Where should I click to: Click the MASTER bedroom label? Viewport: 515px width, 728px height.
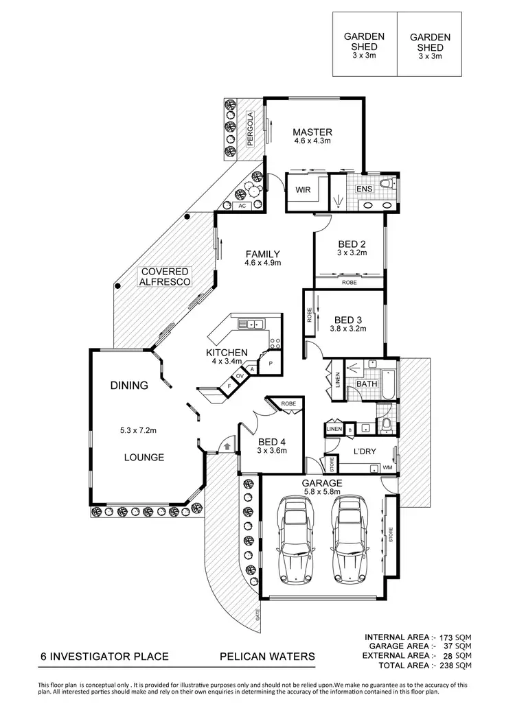[312, 132]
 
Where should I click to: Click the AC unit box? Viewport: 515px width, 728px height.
[242, 206]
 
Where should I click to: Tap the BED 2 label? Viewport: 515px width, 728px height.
[352, 244]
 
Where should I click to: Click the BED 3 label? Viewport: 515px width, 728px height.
[348, 320]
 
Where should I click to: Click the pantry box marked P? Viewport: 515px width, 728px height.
[270, 363]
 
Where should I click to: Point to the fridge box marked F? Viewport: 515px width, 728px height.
[229, 387]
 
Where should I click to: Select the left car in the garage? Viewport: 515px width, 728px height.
[294, 539]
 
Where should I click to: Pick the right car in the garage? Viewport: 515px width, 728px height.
[350, 539]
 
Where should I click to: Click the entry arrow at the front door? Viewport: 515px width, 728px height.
[226, 447]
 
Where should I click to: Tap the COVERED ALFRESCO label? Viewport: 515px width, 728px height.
[165, 277]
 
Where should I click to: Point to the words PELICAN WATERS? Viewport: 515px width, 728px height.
[266, 657]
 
